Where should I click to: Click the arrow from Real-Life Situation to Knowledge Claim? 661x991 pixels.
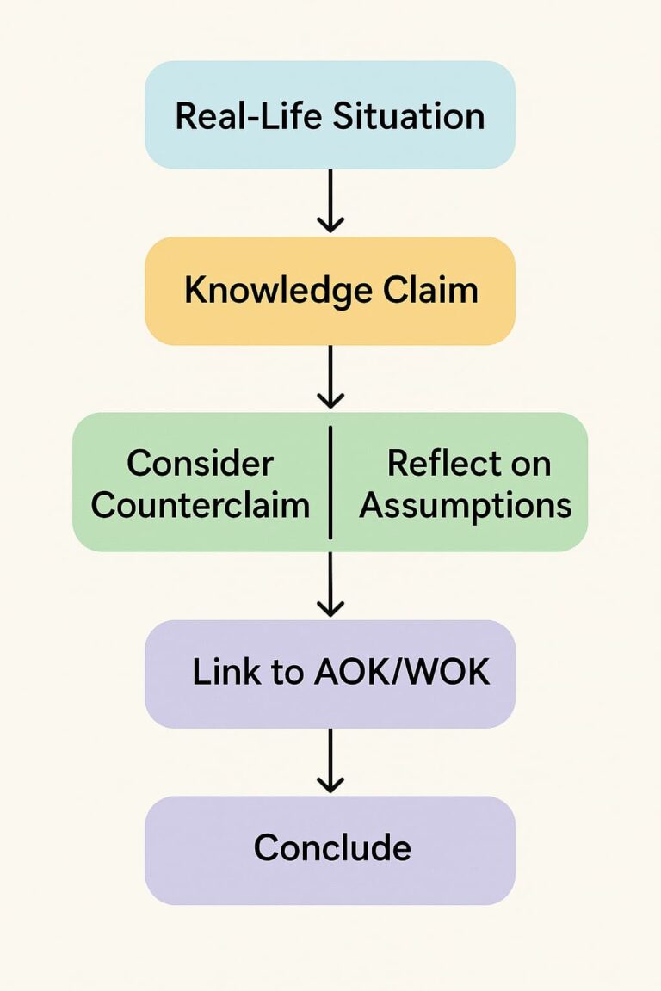pyautogui.click(x=330, y=201)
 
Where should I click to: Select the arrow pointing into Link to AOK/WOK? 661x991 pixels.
pyautogui.click(x=330, y=585)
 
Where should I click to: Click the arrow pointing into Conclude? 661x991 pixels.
pyautogui.click(x=330, y=762)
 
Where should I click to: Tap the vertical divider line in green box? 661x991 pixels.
pyautogui.click(x=330, y=482)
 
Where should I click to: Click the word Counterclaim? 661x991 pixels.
pyautogui.click(x=201, y=505)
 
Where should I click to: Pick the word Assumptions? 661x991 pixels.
pyautogui.click(x=466, y=505)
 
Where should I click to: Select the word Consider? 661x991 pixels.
pyautogui.click(x=200, y=464)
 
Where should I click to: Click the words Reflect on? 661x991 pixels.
pyautogui.click(x=468, y=464)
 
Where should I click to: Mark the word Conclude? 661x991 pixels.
pyautogui.click(x=332, y=848)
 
